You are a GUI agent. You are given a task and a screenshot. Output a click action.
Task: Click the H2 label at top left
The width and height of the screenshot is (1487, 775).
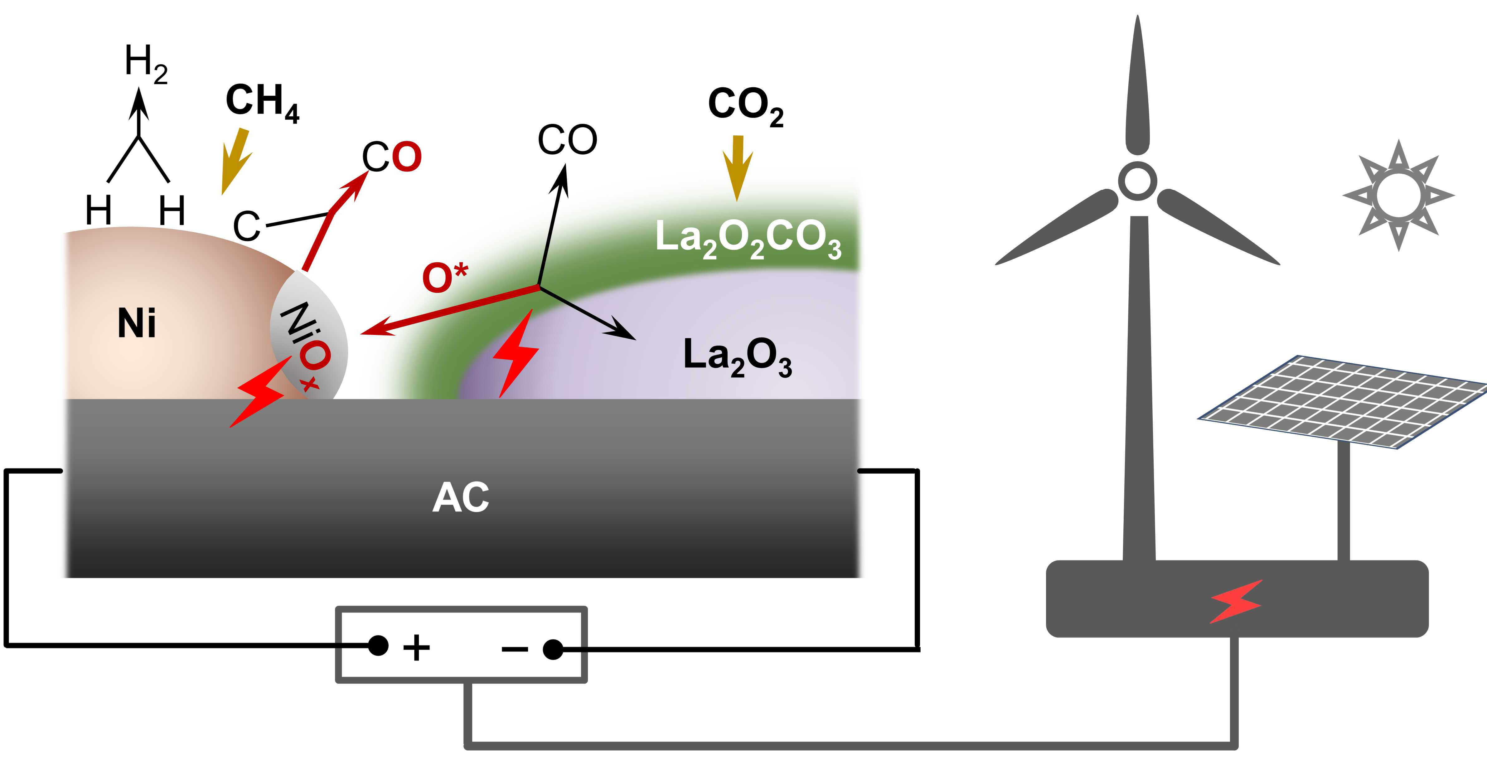(145, 64)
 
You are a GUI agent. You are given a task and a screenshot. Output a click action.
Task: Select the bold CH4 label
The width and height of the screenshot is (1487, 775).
(263, 103)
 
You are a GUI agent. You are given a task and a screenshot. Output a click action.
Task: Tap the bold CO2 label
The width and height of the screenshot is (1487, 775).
(745, 106)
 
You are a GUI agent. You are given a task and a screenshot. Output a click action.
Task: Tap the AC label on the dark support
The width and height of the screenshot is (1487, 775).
(461, 497)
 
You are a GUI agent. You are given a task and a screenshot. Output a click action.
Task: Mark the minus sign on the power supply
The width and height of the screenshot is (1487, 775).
(514, 650)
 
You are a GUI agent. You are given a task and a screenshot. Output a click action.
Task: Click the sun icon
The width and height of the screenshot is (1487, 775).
(1398, 195)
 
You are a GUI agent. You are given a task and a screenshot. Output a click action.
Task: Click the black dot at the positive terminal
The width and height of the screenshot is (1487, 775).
(378, 645)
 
